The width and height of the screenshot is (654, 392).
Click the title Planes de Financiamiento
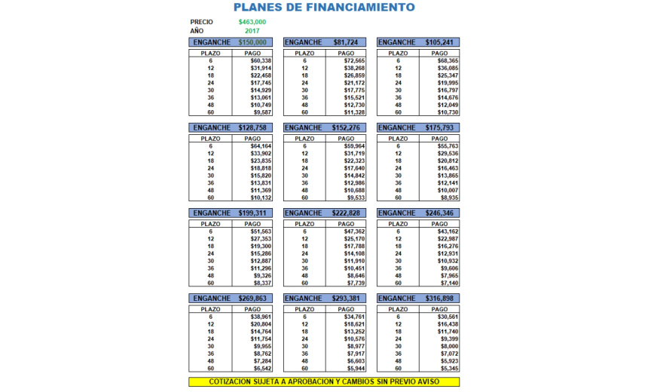pos(324,8)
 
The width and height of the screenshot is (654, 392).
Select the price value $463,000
pos(252,22)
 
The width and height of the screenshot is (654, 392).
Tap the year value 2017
pos(252,31)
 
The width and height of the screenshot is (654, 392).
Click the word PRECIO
pos(202,22)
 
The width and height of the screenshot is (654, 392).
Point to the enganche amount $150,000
pos(252,42)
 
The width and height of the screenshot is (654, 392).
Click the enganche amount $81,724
pos(346,42)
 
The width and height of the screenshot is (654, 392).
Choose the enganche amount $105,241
pos(439,42)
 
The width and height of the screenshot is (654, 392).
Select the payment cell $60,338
pos(261,61)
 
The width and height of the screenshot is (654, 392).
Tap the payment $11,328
pos(354,112)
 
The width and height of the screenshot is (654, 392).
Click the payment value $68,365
pos(448,61)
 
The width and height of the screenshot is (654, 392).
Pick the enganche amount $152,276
pos(346,127)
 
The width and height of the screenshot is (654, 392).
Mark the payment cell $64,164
pos(261,146)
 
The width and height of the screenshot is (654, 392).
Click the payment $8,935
pos(448,198)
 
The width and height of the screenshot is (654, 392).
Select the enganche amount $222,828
pos(346,213)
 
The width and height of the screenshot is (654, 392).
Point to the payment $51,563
pos(261,231)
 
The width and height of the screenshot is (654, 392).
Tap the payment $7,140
pos(448,283)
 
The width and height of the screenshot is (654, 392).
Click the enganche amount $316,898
pos(439,299)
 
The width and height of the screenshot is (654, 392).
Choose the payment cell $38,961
pos(261,317)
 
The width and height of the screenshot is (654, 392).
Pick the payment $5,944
pos(354,369)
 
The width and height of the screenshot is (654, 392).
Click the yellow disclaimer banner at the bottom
pos(324,382)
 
